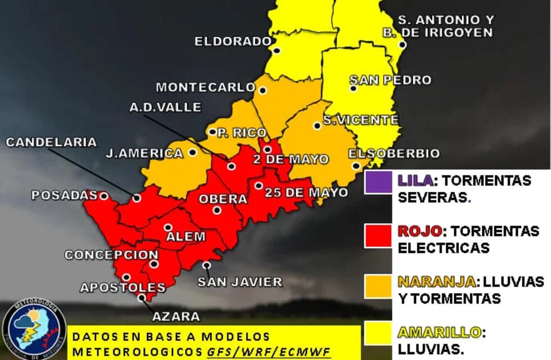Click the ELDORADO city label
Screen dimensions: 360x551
pyautogui.click(x=233, y=41)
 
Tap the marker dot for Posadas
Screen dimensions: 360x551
pyautogui.click(x=103, y=196)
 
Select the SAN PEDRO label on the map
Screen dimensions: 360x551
pyautogui.click(x=390, y=80)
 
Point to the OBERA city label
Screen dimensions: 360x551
pyautogui.click(x=223, y=199)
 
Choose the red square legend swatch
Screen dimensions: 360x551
pyautogui.click(x=377, y=235)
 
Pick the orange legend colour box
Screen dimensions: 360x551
pyautogui.click(x=377, y=286)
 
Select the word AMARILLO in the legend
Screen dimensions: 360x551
pyautogui.click(x=439, y=332)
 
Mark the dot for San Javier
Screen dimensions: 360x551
pyautogui.click(x=207, y=265)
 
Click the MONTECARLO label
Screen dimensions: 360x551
pyautogui.click(x=206, y=87)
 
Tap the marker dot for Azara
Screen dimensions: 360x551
pyautogui.click(x=141, y=298)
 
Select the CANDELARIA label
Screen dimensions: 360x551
pyautogui.click(x=51, y=142)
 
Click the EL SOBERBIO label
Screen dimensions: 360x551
pyautogui.click(x=394, y=154)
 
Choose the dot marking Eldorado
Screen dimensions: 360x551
pyautogui.click(x=277, y=50)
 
